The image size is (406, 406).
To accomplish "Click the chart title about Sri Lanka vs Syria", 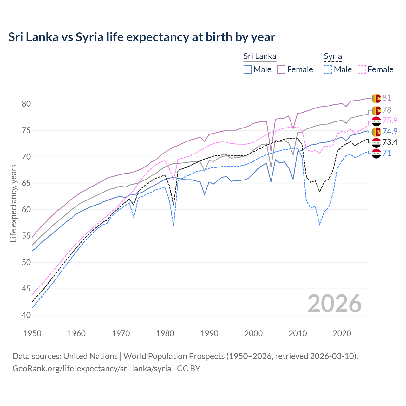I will coord(141,37).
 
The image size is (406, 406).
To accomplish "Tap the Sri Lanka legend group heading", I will coord(260,56).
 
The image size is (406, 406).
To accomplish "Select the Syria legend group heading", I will coord(333,56).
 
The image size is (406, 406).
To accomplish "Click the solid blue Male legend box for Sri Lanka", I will coord(248,69).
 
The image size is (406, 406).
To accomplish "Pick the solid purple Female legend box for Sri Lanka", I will coord(281,69).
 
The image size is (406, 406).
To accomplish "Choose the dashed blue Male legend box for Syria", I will coord(328,69).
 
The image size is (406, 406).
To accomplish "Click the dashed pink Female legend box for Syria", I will coord(362,69).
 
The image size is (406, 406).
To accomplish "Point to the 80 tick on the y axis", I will coord(26,104).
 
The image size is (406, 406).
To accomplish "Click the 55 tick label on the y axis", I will coord(26,236).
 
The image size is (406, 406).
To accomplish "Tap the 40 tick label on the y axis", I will coord(26,315).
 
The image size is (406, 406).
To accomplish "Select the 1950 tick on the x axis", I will coord(32,333).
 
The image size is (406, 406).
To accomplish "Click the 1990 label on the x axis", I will coord(209,333).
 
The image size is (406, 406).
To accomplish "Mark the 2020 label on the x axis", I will coord(342,333).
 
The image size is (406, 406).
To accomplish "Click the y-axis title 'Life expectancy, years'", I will coord(13,203).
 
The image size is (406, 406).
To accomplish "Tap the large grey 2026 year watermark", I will coord(334,304).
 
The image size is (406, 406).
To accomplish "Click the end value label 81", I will coord(387,98).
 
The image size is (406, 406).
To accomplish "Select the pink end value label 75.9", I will coord(390,121).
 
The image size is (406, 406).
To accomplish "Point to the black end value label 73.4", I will coord(390,142).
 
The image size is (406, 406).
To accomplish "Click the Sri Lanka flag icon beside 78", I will coord(376,110).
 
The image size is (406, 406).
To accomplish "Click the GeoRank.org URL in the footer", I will coord(92,369).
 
